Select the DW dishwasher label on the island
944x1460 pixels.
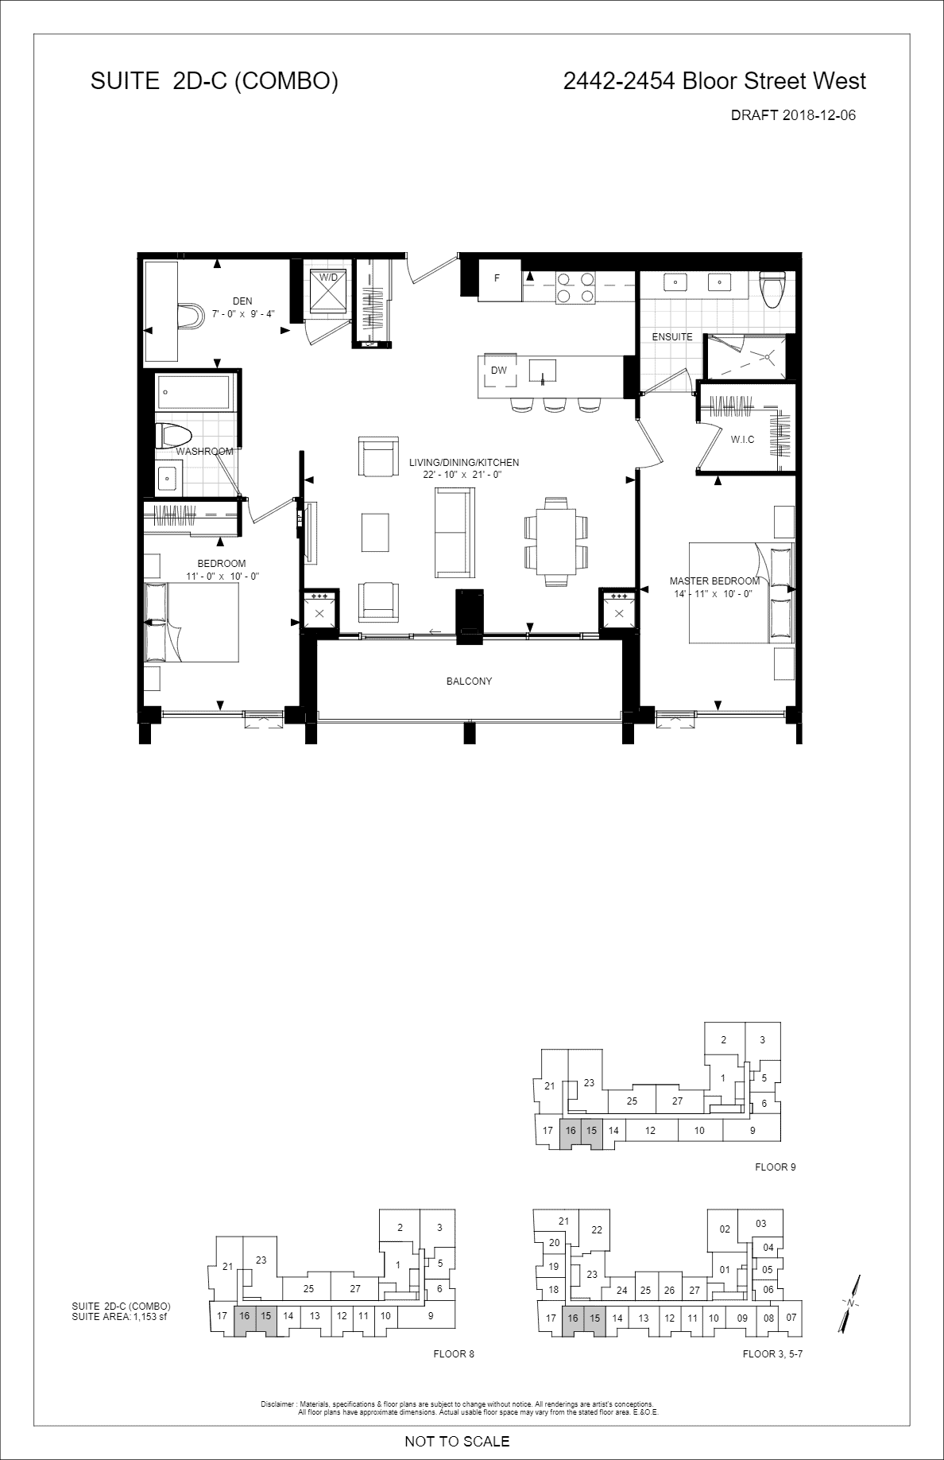tap(498, 371)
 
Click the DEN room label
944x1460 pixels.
tap(242, 301)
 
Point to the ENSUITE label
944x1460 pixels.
tap(672, 336)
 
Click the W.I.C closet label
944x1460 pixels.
tap(742, 440)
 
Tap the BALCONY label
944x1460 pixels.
tap(469, 681)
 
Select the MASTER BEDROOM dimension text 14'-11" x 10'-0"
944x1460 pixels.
tap(710, 593)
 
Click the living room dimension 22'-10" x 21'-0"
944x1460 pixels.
tap(463, 475)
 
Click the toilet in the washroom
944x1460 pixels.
tap(175, 436)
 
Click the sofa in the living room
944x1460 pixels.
tap(453, 533)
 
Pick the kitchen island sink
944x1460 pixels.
tap(544, 371)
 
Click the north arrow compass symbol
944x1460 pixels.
tap(851, 1303)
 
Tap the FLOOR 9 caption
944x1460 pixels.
tap(775, 1167)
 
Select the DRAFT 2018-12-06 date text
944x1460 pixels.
tap(793, 115)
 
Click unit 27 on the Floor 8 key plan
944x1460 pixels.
tap(355, 1289)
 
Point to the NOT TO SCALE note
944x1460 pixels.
tap(457, 1441)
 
